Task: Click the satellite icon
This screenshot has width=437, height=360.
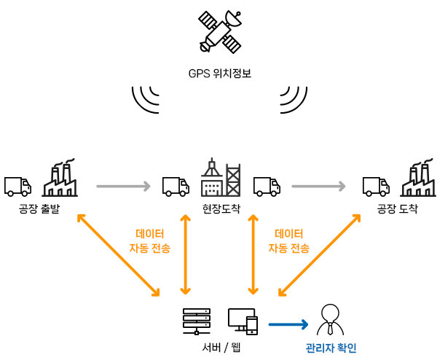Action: point(220,32)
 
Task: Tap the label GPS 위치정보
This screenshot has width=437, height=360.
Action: point(220,74)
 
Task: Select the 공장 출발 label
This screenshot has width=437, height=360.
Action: point(39,208)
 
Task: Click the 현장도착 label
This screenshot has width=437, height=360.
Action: point(221,208)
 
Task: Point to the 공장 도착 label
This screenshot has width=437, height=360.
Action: point(398,208)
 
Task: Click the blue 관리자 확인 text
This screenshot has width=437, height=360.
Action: point(331,348)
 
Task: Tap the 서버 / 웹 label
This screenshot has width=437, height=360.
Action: point(221,348)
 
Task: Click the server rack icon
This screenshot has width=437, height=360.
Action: point(197,321)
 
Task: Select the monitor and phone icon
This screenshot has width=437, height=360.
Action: point(243,321)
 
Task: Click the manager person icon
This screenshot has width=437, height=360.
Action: point(330,320)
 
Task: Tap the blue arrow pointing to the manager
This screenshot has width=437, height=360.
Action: point(288,324)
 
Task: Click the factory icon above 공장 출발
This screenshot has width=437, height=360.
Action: point(60,178)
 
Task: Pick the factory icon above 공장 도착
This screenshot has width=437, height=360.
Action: point(418,178)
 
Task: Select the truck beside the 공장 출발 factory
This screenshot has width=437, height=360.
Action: point(17,187)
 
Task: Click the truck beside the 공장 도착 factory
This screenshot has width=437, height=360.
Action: point(376,187)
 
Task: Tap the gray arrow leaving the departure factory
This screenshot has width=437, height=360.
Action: point(124,186)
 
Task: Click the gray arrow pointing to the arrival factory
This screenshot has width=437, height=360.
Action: point(318,186)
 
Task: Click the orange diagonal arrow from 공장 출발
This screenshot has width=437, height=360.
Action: point(118,255)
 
